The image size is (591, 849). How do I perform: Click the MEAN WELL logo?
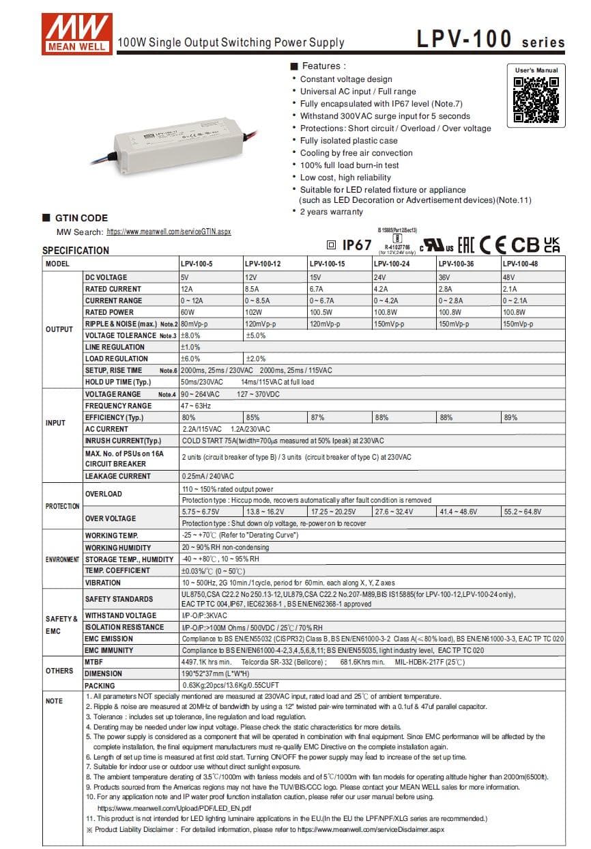pyautogui.click(x=76, y=32)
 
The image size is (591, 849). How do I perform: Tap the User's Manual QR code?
pyautogui.click(x=536, y=100)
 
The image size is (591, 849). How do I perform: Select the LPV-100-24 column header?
pyautogui.click(x=392, y=264)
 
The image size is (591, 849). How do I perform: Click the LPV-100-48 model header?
pyautogui.click(x=520, y=264)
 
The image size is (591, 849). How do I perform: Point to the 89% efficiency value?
pyautogui.click(x=510, y=417)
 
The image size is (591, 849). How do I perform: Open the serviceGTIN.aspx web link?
pyautogui.click(x=169, y=232)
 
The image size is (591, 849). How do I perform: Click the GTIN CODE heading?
pyautogui.click(x=81, y=218)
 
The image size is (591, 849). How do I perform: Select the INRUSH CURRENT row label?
pyautogui.click(x=123, y=441)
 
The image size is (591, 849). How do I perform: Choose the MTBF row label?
pyautogui.click(x=94, y=662)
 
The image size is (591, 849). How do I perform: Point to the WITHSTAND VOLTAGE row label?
pyautogui.click(x=120, y=615)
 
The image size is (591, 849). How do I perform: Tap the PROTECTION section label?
pyautogui.click(x=62, y=506)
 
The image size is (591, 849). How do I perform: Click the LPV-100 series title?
pyautogui.click(x=491, y=40)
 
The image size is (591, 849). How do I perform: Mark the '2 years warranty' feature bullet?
pyautogui.click(x=331, y=212)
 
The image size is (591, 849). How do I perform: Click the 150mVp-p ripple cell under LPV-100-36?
pyautogui.click(x=453, y=324)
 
